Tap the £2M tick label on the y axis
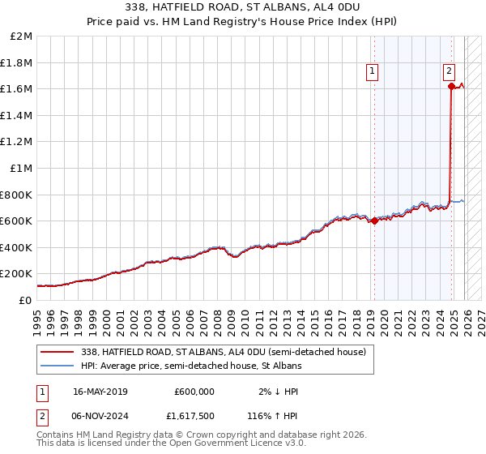pyautogui.click(x=22, y=36)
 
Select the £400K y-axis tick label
pyautogui.click(x=16, y=247)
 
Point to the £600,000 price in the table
pyautogui.click(x=194, y=391)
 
